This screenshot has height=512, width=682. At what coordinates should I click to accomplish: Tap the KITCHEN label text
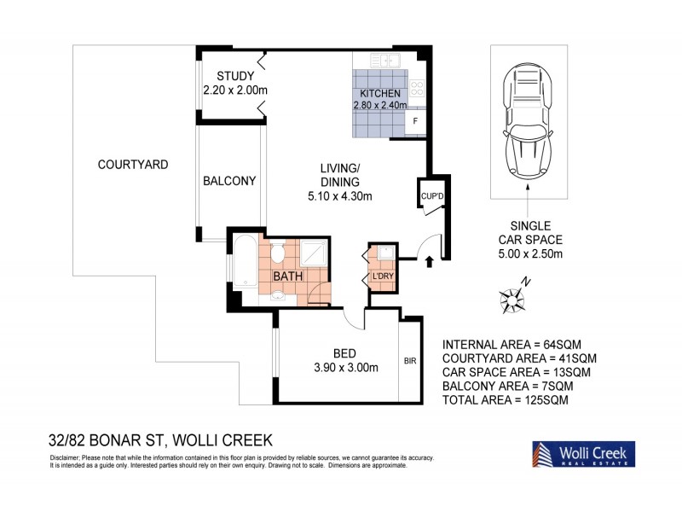pyautogui.click(x=380, y=92)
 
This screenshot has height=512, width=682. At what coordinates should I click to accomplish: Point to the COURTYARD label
pyautogui.click(x=132, y=163)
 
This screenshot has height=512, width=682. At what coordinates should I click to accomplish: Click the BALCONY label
pyautogui.click(x=229, y=181)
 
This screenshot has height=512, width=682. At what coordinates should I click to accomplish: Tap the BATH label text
pyautogui.click(x=288, y=276)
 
